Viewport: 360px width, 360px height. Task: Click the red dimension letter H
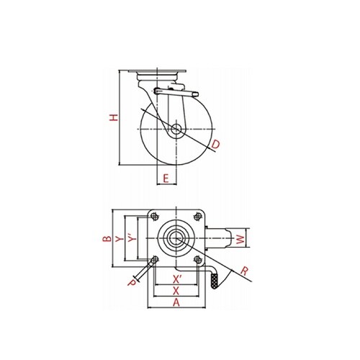[114, 117]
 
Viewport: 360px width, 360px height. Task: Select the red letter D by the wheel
[215, 145]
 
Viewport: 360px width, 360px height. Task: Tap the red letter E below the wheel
[166, 179]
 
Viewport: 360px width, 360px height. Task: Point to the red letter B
[107, 238]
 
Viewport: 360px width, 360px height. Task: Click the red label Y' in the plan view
[132, 238]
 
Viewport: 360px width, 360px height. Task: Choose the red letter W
[240, 239]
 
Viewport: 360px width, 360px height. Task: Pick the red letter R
[244, 271]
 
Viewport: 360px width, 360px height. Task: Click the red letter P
[132, 283]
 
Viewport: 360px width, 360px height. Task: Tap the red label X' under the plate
[177, 279]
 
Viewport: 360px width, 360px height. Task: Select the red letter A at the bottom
[176, 302]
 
